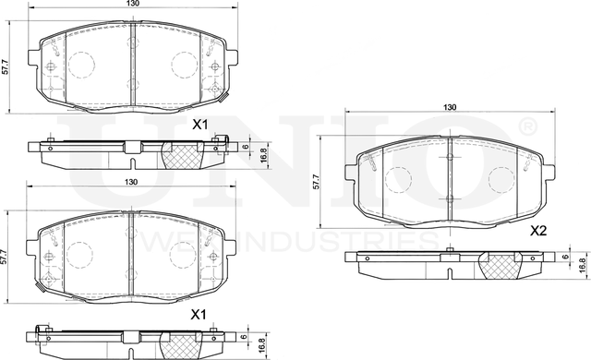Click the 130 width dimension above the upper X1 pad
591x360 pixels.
point(135,6)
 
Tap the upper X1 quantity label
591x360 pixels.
point(199,125)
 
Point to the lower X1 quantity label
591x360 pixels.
point(198,315)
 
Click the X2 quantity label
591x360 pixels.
point(539,233)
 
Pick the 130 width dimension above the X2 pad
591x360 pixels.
point(450,108)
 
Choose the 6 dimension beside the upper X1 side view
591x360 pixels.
point(246,147)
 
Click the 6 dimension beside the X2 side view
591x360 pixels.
point(563,258)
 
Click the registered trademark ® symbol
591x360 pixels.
point(526,125)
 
